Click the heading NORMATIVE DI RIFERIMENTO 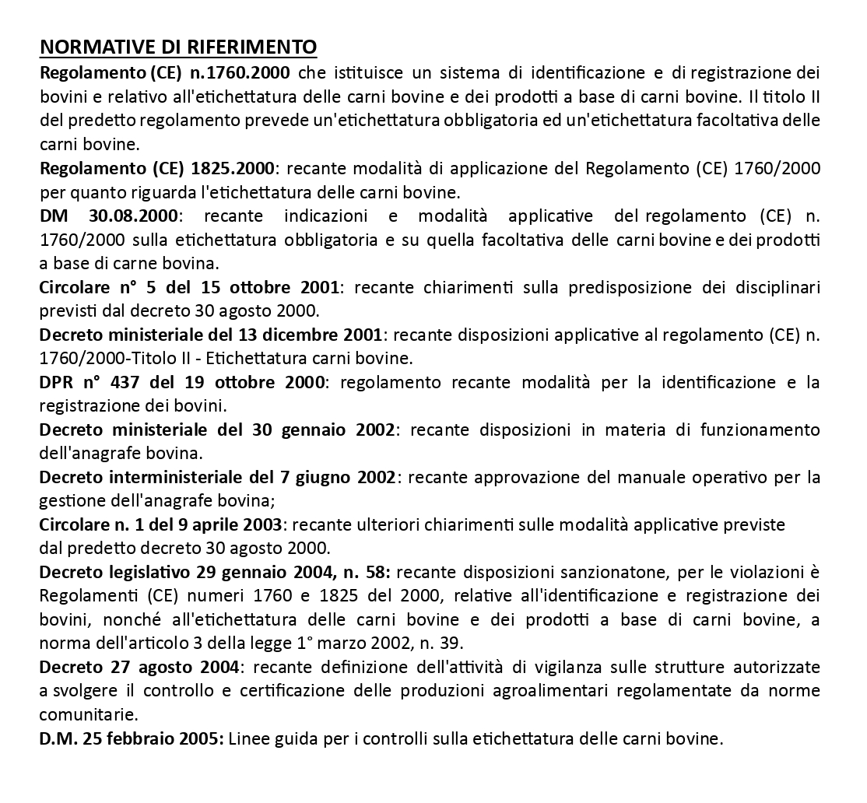(x=178, y=47)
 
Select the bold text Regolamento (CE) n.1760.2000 (x=165, y=74)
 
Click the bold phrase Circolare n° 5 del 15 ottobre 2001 (x=189, y=287)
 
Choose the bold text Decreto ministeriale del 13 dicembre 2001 (x=210, y=335)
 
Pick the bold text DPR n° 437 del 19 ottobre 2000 (x=184, y=383)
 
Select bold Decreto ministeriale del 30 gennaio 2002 (x=216, y=430)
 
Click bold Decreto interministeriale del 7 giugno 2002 (x=218, y=477)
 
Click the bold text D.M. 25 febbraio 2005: (x=131, y=738)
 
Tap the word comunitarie (x=89, y=714)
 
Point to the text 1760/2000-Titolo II (x=123, y=359)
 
